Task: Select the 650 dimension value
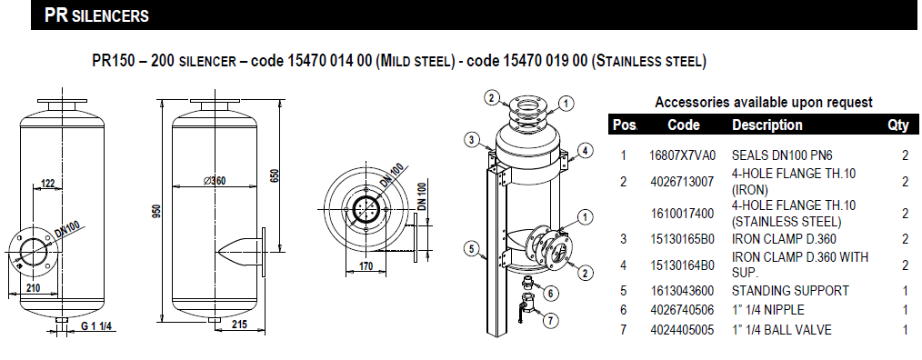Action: (276, 175)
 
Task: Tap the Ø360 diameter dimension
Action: (215, 181)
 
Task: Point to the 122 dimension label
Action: (47, 184)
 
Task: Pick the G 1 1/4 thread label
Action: (97, 325)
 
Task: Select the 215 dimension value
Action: (239, 325)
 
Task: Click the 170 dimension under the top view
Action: (366, 266)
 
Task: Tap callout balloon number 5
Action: (471, 249)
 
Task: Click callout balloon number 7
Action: (550, 321)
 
